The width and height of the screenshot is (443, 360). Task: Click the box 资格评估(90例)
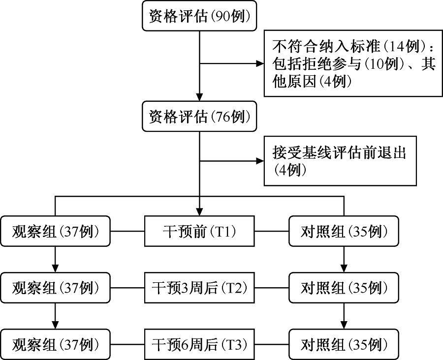(199, 16)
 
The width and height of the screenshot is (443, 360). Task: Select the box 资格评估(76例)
(199, 117)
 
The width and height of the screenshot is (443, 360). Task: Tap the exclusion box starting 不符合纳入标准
(353, 63)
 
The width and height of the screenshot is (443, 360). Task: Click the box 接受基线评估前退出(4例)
(340, 161)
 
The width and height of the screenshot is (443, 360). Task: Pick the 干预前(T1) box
(199, 231)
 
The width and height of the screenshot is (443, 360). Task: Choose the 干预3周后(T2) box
(199, 288)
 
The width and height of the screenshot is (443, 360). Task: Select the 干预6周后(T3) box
(199, 344)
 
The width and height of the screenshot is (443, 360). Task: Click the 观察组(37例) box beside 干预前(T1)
(55, 231)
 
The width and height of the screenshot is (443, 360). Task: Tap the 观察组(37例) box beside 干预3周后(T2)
(55, 288)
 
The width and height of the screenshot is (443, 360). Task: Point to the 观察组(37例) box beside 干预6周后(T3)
(55, 344)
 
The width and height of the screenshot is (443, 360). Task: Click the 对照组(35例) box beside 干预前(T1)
(344, 231)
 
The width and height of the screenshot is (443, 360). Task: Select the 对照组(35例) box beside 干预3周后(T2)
(344, 288)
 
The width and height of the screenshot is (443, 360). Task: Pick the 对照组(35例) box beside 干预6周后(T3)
(344, 344)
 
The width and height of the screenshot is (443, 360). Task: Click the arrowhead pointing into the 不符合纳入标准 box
(260, 63)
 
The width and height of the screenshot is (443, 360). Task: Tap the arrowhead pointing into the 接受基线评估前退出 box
(260, 161)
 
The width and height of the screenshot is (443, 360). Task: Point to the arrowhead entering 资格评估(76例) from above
(199, 97)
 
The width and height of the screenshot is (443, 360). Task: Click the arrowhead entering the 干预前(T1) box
(199, 212)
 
